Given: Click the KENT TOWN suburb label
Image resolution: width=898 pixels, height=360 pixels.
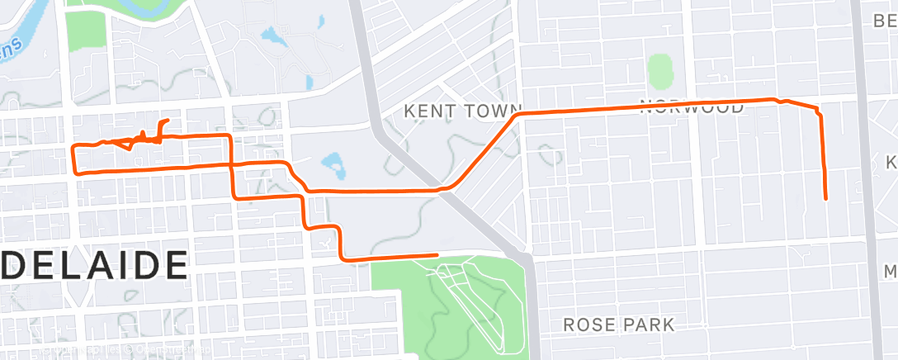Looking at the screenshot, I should pos(463,110).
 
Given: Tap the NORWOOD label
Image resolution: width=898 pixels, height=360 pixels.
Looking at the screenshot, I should pos(692,107).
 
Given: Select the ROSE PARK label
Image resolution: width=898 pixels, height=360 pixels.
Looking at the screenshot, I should pos(618,324).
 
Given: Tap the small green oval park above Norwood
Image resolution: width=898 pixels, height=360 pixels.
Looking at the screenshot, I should pos(659,72).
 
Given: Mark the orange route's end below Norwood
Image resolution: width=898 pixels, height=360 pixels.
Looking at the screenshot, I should pos(825,198).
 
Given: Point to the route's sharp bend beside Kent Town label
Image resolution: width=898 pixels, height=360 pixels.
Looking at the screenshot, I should pos(516,116).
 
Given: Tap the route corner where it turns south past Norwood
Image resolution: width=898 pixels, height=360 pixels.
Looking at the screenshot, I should pos(818,112).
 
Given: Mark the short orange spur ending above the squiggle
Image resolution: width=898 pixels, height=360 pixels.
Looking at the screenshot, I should pos(168,121).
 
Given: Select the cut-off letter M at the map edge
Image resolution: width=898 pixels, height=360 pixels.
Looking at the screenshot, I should pos(891,272).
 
